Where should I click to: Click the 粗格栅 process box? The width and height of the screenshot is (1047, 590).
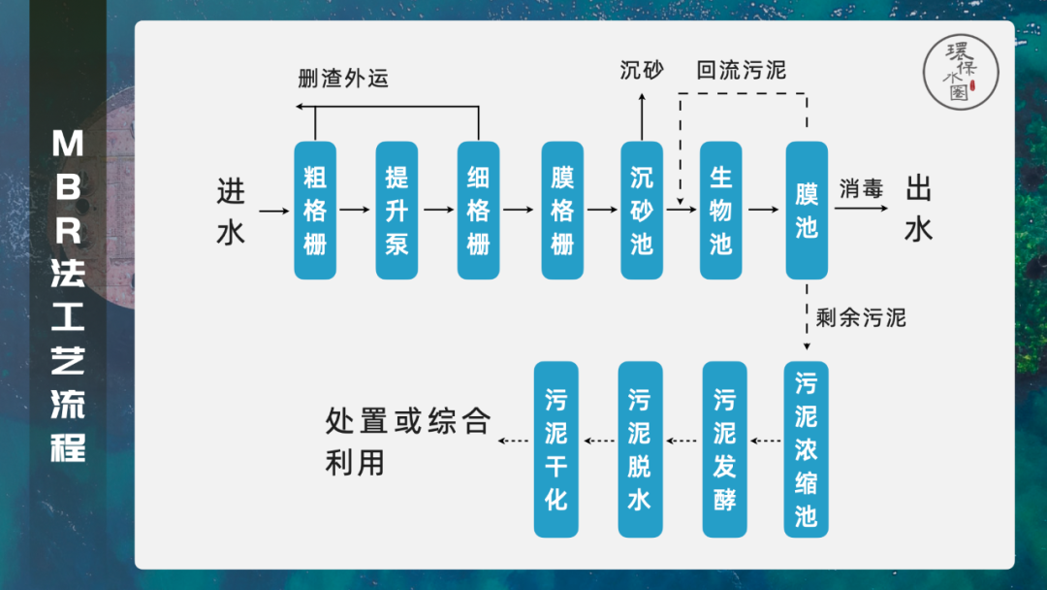314,210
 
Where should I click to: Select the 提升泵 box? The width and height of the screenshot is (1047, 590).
397,210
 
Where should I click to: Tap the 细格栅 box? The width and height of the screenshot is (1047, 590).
479,210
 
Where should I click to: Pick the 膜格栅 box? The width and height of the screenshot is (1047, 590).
562,210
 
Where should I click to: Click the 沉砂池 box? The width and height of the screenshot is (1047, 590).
642,210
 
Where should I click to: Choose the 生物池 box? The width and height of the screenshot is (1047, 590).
720,210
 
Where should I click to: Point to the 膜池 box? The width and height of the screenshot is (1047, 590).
807,210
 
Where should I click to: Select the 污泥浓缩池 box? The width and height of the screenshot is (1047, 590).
806,449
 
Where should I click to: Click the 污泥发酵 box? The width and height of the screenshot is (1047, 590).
724,449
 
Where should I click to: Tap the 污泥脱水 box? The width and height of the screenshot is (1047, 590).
640,449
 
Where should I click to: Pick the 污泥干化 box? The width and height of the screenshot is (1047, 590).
556,449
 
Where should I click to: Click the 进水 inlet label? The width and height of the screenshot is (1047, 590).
231,211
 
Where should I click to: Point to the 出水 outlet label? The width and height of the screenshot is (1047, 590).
918,210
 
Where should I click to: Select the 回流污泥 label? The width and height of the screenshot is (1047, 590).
742,71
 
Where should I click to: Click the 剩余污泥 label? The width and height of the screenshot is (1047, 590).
861,317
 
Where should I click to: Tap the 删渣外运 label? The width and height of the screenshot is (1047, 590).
343,79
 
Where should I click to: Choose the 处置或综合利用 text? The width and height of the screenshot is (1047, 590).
407,442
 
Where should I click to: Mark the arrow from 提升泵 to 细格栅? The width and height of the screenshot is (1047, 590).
438,210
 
